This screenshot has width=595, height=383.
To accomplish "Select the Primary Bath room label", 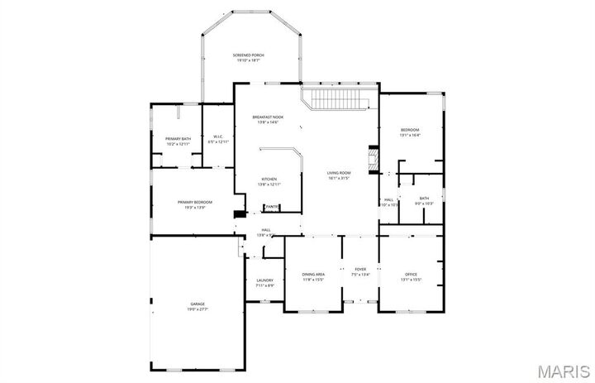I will [178, 139].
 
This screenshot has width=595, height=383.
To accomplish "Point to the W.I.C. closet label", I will [218, 136].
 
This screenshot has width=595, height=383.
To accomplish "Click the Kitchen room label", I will [269, 179].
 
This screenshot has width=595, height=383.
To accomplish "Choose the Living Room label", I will [340, 173].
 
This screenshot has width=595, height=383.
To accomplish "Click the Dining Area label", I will [313, 274].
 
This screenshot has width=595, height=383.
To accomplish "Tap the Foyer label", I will [360, 269].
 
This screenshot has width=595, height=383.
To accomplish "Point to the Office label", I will [411, 274].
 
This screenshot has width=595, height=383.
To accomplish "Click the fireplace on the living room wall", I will [373, 159].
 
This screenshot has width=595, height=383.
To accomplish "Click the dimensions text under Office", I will [411, 279].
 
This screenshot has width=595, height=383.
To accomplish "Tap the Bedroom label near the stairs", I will [410, 130].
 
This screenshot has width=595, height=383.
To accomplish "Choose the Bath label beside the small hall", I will [424, 198].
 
